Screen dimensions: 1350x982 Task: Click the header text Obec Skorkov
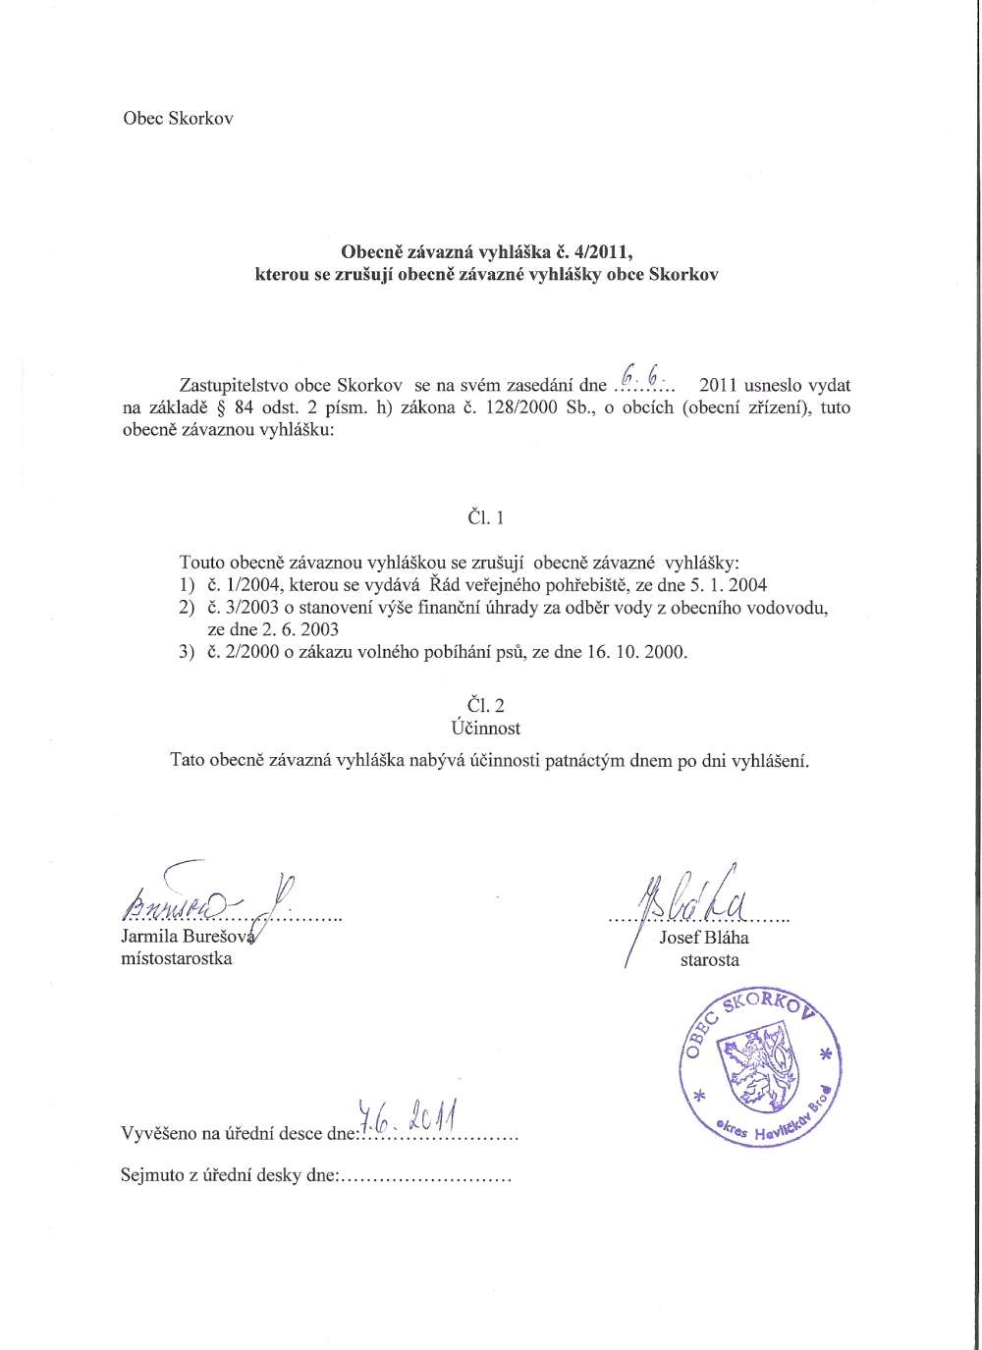coord(178,119)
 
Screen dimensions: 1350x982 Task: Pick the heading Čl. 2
coord(486,705)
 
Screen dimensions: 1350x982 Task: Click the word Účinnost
coord(486,729)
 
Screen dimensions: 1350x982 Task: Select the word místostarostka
coord(176,959)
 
